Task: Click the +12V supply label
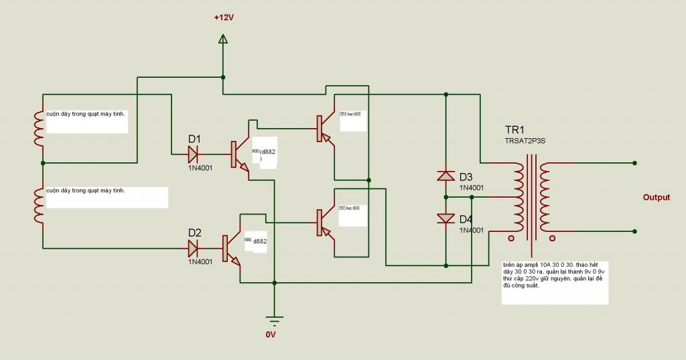pos(224,17)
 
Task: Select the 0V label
pos(271,334)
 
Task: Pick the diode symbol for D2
pos(194,249)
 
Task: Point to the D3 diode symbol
pos(445,176)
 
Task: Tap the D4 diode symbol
pos(445,219)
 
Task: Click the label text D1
pos(194,139)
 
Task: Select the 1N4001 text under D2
pos(200,261)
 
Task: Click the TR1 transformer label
pos(515,130)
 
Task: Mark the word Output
pos(657,198)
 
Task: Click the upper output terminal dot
pos(634,163)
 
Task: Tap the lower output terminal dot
pos(634,231)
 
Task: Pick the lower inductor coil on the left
pos(38,205)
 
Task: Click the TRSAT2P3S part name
pos(527,141)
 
